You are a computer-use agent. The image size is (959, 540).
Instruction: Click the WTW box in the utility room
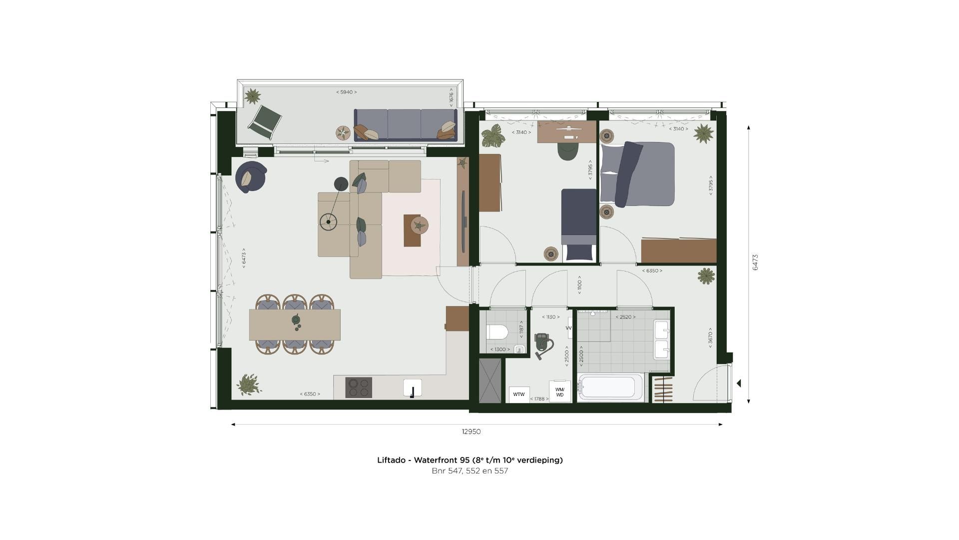[x=519, y=394]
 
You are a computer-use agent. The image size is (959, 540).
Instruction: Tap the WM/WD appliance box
[x=559, y=392]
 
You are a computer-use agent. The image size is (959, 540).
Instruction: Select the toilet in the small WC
[x=497, y=331]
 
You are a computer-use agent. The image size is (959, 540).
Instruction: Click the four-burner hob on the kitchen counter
[x=359, y=387]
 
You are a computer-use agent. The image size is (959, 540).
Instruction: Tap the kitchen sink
[x=413, y=388]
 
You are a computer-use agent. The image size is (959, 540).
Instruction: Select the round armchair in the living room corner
[x=250, y=176]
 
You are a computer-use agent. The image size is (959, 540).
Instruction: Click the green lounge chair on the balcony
[x=265, y=122]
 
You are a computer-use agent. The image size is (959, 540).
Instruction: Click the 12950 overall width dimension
[x=471, y=431]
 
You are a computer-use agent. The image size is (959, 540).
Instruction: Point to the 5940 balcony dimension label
[x=346, y=92]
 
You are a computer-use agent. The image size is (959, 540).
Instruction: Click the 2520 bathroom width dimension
[x=625, y=317]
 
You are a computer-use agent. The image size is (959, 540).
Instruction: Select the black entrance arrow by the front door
[x=739, y=383]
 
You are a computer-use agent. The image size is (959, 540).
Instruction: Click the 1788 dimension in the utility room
[x=539, y=399]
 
